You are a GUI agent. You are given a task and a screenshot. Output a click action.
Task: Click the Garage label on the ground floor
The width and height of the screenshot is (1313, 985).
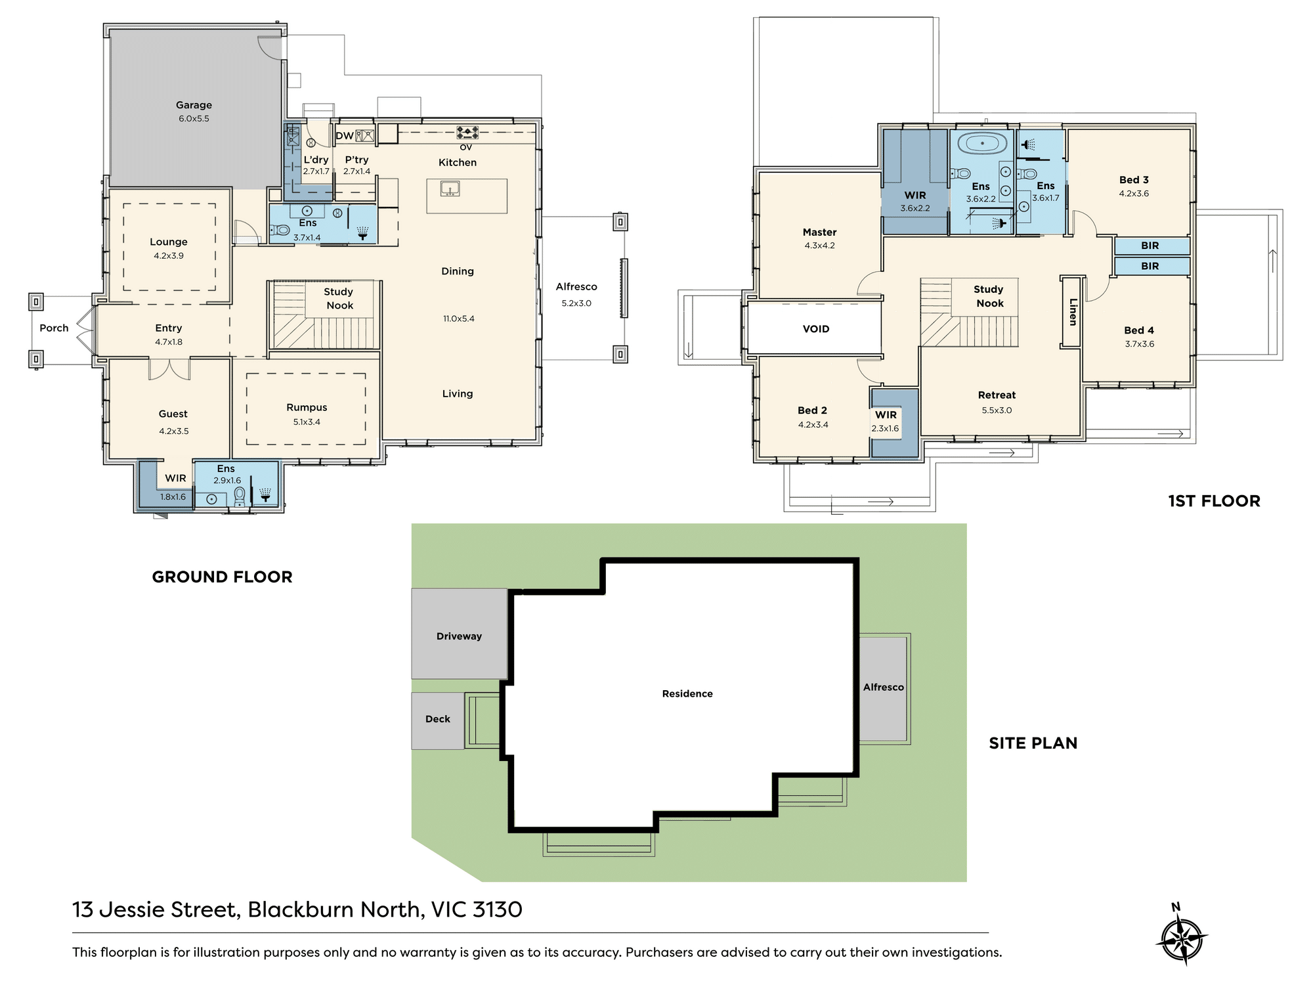(x=194, y=105)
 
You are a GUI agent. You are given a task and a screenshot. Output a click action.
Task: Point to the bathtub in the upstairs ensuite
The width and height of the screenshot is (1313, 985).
(x=982, y=143)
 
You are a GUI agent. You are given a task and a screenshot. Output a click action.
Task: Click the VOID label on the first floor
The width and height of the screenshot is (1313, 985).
(x=816, y=329)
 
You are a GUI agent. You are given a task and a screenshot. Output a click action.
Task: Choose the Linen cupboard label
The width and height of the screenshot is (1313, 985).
(x=1073, y=312)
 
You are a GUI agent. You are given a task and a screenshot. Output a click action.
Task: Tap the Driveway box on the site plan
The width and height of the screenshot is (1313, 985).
(x=459, y=634)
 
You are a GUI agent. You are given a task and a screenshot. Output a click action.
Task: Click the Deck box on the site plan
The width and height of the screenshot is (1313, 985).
(x=438, y=720)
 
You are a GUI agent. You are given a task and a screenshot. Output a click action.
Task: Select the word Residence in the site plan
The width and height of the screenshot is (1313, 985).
(x=687, y=693)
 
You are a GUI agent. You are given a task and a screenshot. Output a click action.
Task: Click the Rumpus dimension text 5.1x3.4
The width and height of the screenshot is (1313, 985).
(x=307, y=422)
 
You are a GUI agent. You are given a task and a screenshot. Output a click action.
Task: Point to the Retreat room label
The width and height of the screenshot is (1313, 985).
(x=997, y=395)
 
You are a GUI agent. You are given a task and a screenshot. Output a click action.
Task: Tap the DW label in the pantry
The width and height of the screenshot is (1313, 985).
(x=345, y=136)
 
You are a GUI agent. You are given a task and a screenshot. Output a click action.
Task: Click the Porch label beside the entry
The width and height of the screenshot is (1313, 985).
(x=54, y=328)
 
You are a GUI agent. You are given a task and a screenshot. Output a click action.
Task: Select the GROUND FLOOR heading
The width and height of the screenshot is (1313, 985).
(x=222, y=577)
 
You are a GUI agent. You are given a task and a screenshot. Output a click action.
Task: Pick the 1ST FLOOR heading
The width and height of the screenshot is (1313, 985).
(x=1214, y=501)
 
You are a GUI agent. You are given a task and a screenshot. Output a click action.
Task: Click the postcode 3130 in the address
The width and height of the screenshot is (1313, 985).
(x=497, y=909)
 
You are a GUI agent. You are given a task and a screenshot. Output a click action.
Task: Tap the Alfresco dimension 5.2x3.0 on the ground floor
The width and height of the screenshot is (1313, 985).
(x=576, y=303)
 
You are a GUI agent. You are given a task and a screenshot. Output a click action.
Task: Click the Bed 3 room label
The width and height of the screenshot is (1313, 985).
(x=1134, y=180)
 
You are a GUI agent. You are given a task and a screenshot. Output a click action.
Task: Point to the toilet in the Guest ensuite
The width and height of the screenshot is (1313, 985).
(x=240, y=496)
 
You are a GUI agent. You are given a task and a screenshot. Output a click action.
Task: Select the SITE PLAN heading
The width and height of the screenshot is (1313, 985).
(x=1033, y=743)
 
